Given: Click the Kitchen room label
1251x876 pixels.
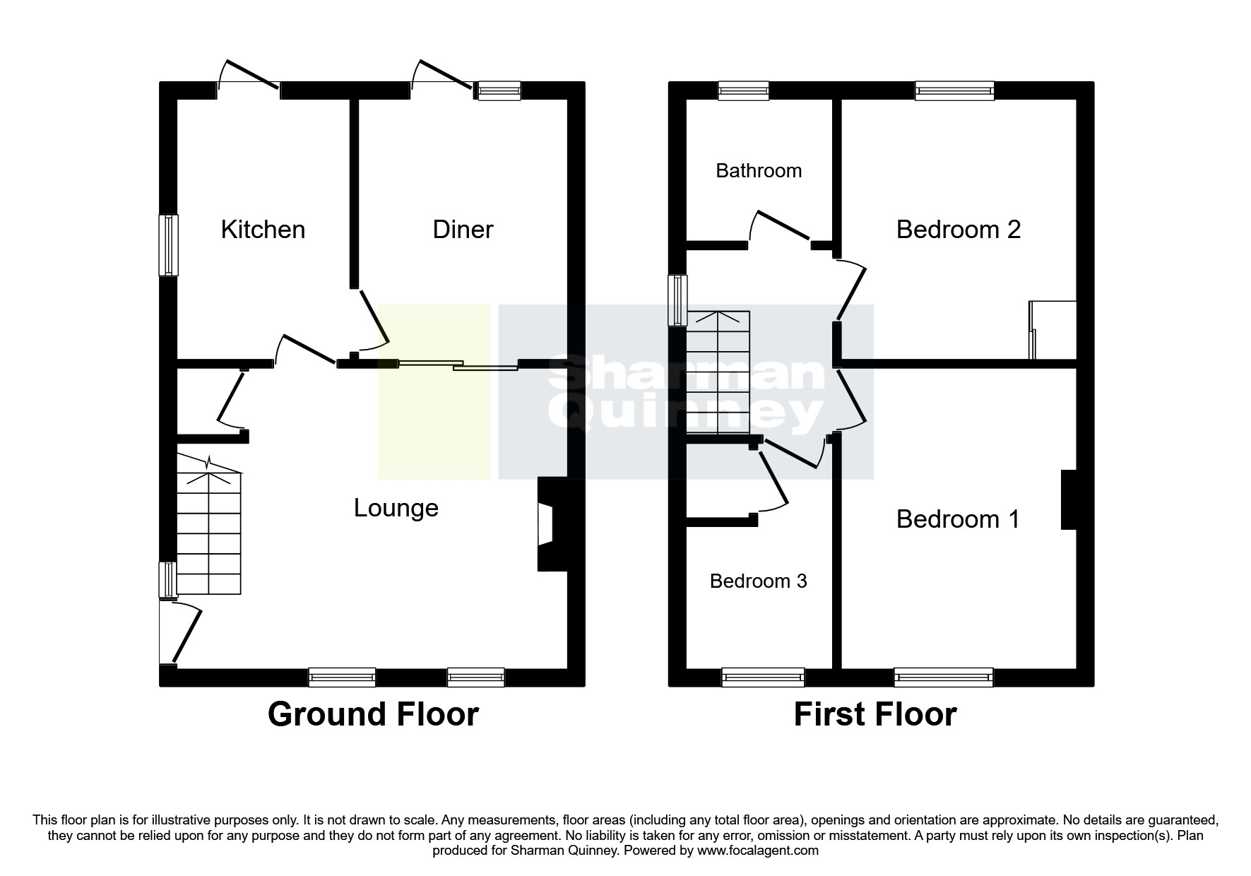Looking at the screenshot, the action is pos(263,230).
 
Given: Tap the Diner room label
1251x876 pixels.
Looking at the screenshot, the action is pos(463,230).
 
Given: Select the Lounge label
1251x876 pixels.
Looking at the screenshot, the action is pos(396,509).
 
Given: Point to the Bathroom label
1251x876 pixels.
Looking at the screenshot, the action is pos(759,170).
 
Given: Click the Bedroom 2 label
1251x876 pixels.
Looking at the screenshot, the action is pos(959,230).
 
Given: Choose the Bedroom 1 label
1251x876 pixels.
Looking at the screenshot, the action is pos(958,519).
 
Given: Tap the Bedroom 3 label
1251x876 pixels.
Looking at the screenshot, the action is pos(758,581).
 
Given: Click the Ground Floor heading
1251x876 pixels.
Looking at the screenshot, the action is pos(373,714).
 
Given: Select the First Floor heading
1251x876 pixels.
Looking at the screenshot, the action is pos(875,714).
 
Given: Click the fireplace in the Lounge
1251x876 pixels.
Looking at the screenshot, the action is pos(552,524).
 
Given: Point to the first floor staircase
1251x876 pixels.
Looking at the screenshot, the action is pos(718,372).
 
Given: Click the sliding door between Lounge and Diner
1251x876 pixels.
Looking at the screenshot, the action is pos(458,365).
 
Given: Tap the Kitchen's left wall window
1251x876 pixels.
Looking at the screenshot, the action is pos(168,244).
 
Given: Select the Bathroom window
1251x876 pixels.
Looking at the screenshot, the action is pos(743,90).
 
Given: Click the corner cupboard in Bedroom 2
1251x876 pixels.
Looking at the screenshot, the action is pos(1053,330).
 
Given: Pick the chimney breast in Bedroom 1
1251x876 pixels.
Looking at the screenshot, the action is pos(1069,499).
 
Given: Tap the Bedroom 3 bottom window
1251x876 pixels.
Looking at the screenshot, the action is pos(763,677).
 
